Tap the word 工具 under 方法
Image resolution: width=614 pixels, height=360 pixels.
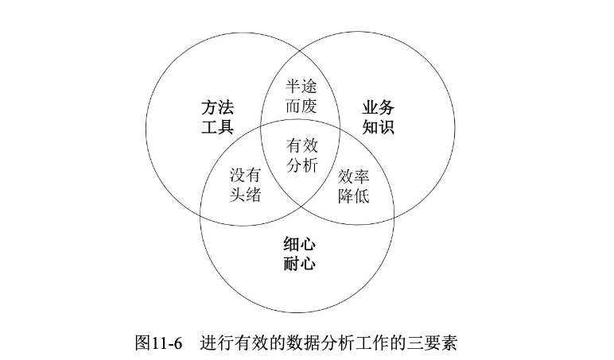216,127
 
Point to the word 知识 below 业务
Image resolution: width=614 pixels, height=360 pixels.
379,127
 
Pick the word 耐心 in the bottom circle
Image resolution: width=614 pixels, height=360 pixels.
299,263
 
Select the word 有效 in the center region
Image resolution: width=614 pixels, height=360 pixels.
301,145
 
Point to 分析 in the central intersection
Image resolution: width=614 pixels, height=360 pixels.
301,165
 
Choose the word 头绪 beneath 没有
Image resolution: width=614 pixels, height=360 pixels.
246,195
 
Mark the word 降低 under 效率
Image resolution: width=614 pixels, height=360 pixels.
353,195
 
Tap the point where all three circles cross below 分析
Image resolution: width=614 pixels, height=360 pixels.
300,206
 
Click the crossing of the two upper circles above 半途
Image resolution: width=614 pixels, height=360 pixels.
300,47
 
